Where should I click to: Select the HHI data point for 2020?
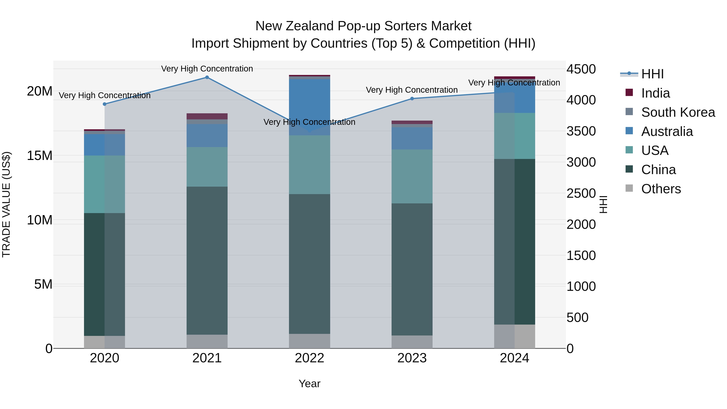coord(104,104)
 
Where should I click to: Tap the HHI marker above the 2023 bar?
coord(412,99)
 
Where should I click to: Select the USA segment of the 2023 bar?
coord(412,176)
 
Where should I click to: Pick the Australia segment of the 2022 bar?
coord(309,107)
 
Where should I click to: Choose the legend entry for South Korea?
coord(678,112)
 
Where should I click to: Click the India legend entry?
coord(655,93)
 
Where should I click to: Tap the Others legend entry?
coord(661,189)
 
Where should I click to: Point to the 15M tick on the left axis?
coord(40,156)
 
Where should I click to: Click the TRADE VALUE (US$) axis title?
coord(6,204)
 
